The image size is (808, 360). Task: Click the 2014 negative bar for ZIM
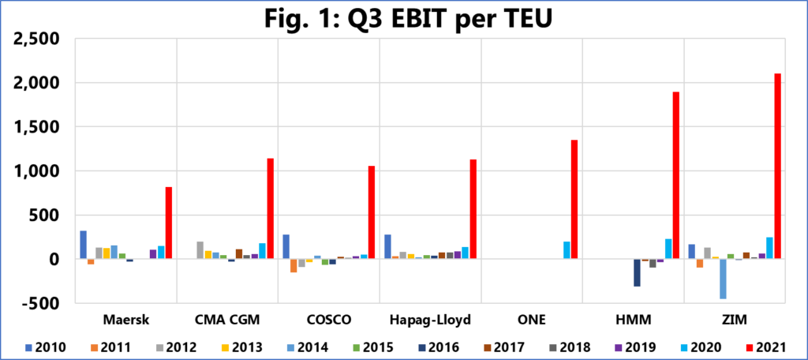723,279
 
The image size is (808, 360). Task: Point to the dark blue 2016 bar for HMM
638,272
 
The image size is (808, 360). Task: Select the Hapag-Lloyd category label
431,320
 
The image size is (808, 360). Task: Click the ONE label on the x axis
531,320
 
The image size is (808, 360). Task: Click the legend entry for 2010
45,346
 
